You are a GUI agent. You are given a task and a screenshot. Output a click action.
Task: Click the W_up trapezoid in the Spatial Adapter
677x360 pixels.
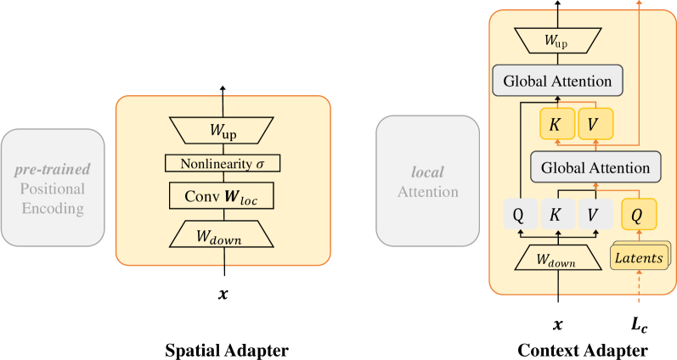coord(223,131)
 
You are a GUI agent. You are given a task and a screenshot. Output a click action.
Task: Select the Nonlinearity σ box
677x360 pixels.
coord(223,163)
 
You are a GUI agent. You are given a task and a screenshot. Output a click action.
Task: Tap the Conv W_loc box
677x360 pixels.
coord(223,197)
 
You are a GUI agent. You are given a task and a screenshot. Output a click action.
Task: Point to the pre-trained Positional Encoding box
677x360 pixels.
coord(53,183)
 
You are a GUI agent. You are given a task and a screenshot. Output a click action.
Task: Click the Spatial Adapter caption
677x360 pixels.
coord(223,349)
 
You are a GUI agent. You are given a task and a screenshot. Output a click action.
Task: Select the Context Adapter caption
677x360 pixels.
coord(582,349)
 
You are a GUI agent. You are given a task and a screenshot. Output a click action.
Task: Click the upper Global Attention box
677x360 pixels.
coord(557,82)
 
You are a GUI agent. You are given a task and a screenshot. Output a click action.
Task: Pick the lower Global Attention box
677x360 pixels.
coord(595,167)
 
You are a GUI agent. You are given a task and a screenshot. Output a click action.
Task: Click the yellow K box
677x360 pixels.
coord(556,124)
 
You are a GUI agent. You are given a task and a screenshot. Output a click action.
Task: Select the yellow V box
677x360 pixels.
coord(594,124)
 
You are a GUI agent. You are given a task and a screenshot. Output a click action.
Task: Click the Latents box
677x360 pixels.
coord(639,257)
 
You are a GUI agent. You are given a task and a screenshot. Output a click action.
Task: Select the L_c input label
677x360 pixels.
coord(638,323)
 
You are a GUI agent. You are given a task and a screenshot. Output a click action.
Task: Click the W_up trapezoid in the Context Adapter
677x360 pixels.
coord(557,39)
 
